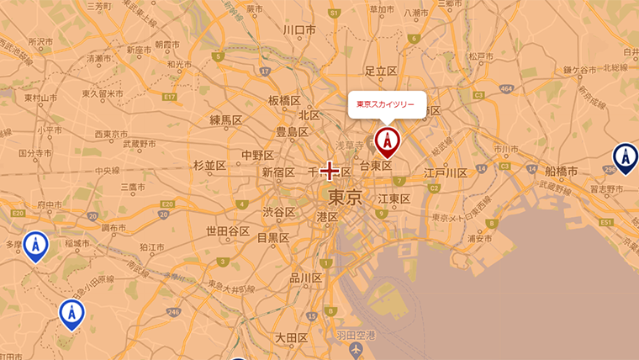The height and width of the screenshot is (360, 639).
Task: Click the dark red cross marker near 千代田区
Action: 330,172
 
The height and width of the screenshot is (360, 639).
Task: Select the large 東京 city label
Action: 345,199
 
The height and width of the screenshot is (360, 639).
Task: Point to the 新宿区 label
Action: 278,172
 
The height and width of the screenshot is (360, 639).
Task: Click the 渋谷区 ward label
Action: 278,212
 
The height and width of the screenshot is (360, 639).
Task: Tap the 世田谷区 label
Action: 228,231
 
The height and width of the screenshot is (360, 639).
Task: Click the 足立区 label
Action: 380,71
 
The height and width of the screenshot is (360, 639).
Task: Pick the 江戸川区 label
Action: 446,173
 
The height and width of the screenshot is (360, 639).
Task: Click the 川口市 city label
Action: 299,30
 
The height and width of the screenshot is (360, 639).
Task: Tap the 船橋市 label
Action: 560,172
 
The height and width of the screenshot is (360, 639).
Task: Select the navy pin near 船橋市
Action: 625,156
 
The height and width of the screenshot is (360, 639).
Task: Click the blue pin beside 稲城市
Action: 35,245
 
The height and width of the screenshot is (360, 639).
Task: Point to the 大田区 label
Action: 292,338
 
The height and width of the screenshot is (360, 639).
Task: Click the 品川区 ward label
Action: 305,278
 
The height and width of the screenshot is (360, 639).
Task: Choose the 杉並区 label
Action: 210,165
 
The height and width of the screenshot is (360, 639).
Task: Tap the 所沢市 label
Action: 40,41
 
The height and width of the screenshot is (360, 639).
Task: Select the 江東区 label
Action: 393,199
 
